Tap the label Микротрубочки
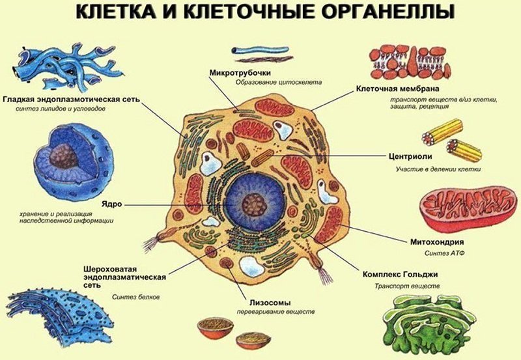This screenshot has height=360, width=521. tap(240, 72)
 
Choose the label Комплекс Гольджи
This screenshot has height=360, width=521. tap(398, 273)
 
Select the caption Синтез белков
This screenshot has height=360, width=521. tap(135, 297)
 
